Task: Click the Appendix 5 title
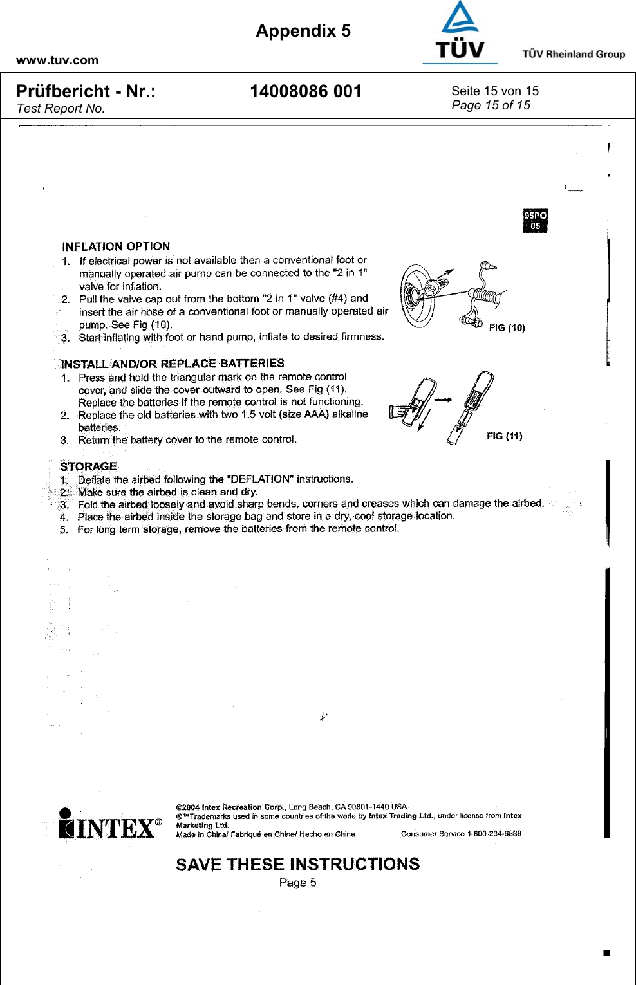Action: [x=303, y=31]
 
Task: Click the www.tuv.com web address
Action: [x=57, y=60]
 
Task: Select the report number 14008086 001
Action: [x=306, y=91]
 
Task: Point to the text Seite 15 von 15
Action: [x=494, y=91]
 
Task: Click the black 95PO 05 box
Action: [x=535, y=221]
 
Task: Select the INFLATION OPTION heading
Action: [x=116, y=246]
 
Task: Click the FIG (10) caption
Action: [x=507, y=328]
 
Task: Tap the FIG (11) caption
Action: [x=504, y=436]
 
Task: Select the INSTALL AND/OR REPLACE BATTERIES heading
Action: [x=173, y=364]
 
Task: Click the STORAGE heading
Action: [x=88, y=466]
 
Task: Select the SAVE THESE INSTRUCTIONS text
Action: [x=297, y=864]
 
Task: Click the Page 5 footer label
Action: [x=297, y=883]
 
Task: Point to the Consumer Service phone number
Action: [x=494, y=834]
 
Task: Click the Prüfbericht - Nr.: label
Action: [x=86, y=91]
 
